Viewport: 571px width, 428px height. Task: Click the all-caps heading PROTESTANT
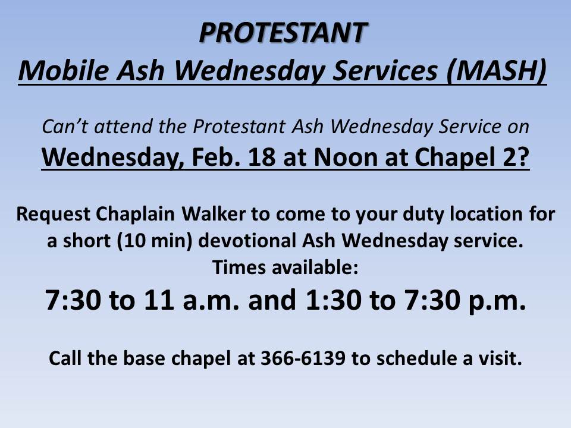(x=283, y=32)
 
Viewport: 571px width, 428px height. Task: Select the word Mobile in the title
(x=64, y=70)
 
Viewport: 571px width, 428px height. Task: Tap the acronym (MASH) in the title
(x=496, y=71)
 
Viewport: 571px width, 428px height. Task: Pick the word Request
(x=53, y=213)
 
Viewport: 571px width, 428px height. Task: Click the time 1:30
(x=334, y=300)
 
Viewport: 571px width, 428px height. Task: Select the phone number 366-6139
(x=303, y=358)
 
